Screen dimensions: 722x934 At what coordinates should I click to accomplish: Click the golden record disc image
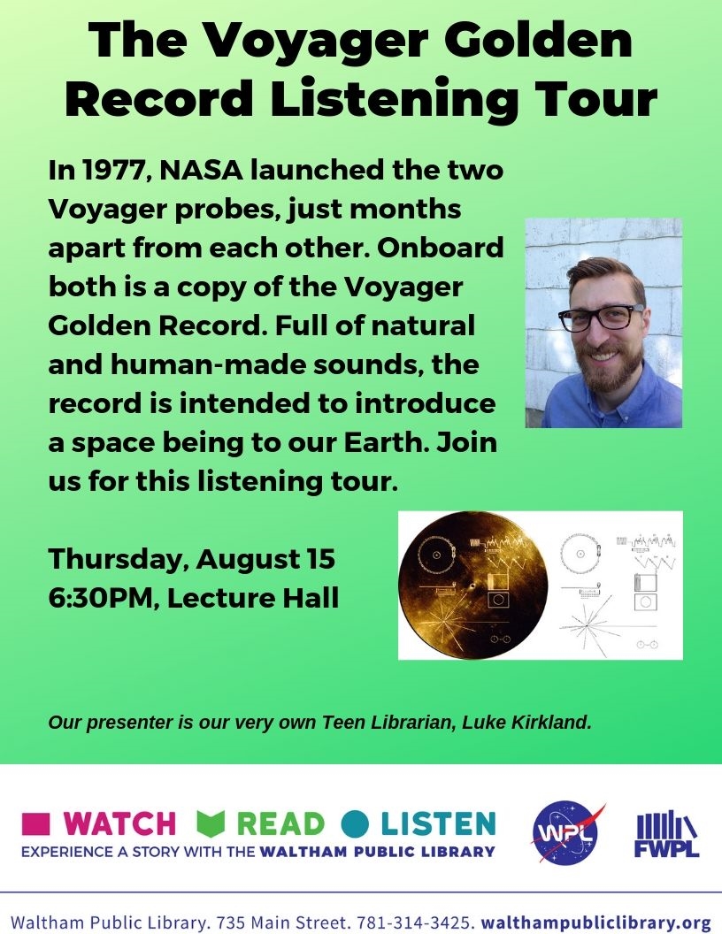[x=473, y=586]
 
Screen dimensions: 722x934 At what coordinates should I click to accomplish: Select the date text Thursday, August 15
[x=191, y=559]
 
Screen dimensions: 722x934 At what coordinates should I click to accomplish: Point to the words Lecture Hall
[x=252, y=597]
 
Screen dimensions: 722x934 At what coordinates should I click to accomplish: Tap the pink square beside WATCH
[x=35, y=823]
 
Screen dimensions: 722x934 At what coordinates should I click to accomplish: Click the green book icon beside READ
[x=211, y=823]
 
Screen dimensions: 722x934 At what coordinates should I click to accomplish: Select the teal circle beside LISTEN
[x=356, y=823]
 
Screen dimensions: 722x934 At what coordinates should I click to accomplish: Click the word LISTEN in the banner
[x=438, y=823]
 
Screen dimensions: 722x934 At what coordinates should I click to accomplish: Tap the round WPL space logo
[x=566, y=832]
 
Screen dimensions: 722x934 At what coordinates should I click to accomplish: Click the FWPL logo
[x=666, y=834]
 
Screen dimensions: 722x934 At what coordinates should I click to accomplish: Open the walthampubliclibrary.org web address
[x=596, y=923]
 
